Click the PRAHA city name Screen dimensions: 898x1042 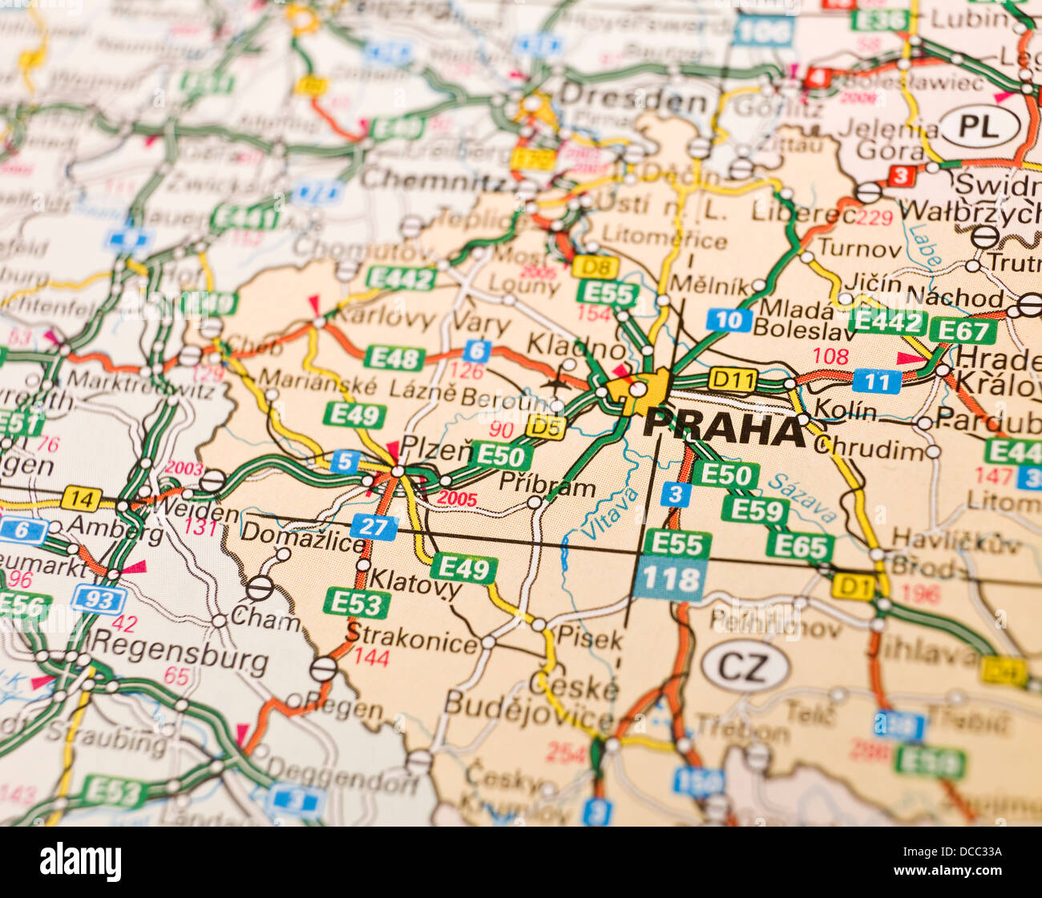(x=724, y=428)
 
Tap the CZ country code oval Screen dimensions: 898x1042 (x=745, y=666)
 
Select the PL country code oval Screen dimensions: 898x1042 (x=979, y=127)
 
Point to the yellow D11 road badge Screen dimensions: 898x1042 (x=733, y=378)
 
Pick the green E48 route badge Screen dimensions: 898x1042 (x=394, y=358)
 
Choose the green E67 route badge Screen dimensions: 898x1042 (x=963, y=330)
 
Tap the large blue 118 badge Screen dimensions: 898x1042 (x=670, y=579)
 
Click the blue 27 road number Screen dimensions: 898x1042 (x=374, y=527)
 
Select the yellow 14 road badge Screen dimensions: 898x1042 (x=81, y=499)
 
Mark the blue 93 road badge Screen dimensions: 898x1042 (x=99, y=599)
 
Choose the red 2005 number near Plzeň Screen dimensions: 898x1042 (x=456, y=498)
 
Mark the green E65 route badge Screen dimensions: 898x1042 (x=799, y=547)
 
